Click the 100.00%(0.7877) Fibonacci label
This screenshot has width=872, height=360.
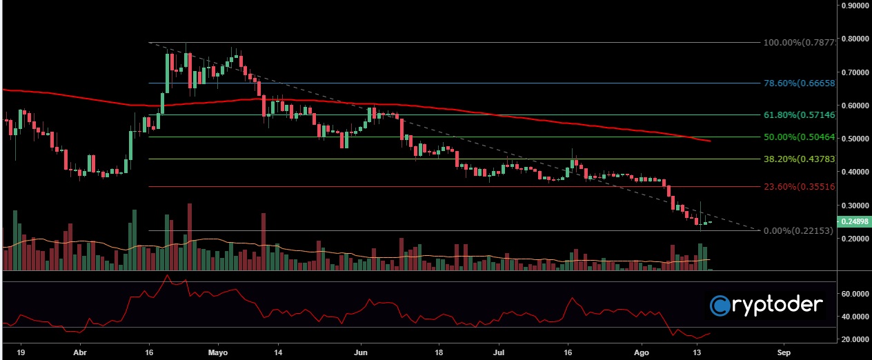point(799,43)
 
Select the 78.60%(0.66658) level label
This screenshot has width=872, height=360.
point(800,83)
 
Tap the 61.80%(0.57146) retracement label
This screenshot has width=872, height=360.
point(800,115)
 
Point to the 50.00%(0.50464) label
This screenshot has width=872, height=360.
point(800,137)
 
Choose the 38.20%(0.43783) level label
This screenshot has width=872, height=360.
point(800,159)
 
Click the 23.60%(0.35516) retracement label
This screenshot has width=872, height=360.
point(800,186)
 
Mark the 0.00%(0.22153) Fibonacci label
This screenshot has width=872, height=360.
point(800,230)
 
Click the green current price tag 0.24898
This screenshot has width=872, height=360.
point(855,221)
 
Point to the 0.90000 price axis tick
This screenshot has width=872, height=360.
point(855,6)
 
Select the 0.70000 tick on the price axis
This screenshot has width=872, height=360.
point(855,72)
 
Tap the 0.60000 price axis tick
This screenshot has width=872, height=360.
point(855,106)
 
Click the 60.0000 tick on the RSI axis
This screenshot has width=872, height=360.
point(855,293)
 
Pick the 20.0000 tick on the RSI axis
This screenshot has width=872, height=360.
point(855,339)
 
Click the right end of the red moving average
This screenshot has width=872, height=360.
point(710,141)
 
